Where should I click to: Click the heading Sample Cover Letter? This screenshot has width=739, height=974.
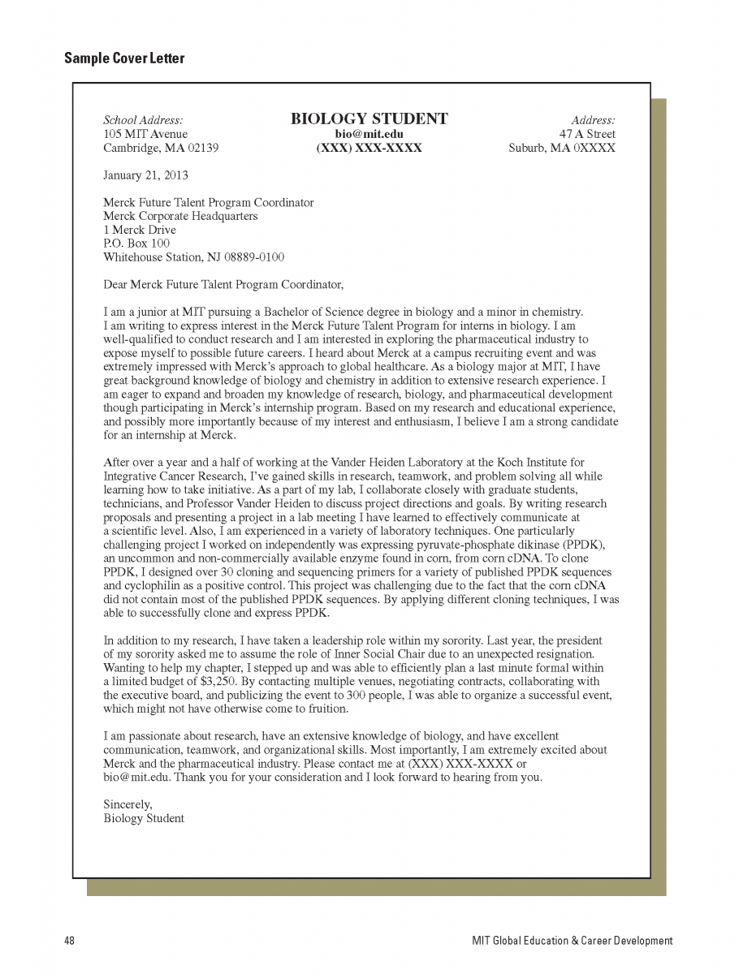(x=124, y=58)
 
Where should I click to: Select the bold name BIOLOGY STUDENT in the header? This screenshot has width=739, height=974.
(x=369, y=119)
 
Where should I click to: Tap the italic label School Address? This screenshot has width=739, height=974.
(x=143, y=120)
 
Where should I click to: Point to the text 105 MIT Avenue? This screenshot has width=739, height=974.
(x=145, y=134)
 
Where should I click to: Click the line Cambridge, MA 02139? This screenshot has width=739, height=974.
(x=161, y=148)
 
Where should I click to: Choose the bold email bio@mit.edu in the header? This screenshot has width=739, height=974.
(x=369, y=134)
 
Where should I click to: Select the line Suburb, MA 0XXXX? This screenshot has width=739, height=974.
(x=562, y=148)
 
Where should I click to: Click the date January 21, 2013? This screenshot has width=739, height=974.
(x=145, y=175)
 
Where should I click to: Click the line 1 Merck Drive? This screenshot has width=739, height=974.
(x=140, y=230)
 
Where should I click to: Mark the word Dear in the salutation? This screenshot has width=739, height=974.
(x=116, y=284)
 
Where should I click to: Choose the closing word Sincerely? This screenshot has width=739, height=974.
(x=127, y=804)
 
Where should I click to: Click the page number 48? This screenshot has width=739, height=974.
(x=70, y=941)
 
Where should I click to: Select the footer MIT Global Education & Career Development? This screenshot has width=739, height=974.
(x=573, y=941)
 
